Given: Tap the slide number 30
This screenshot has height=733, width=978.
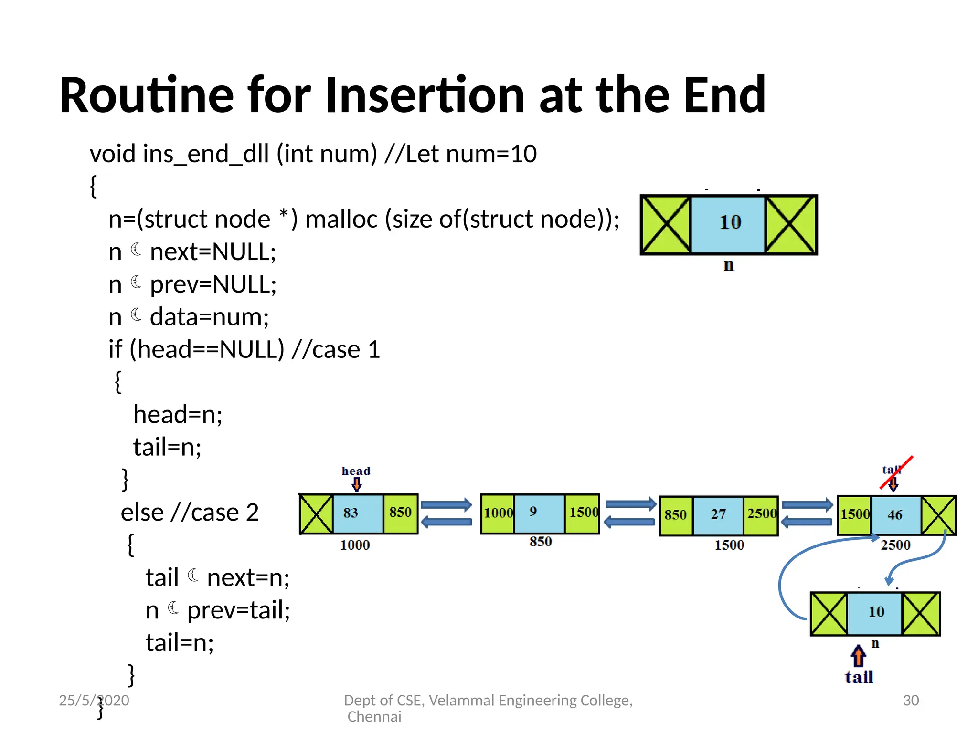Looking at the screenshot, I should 911,700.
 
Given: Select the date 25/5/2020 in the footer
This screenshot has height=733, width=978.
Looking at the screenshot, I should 94,700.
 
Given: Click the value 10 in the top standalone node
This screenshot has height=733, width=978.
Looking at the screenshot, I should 730,222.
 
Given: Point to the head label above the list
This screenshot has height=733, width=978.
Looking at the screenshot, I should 356,471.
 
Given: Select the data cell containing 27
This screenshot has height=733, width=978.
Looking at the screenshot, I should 718,514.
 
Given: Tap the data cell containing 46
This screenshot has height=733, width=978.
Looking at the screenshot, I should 895,515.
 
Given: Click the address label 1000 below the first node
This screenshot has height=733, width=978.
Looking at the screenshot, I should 355,545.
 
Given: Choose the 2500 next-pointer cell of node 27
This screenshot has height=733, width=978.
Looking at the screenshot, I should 761,514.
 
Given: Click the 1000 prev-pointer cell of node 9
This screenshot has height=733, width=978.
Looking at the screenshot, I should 498,513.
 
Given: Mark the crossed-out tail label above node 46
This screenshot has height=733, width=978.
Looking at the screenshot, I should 891,470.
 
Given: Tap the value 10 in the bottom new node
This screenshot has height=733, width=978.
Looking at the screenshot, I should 876,612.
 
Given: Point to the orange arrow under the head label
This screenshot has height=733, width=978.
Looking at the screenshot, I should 356,485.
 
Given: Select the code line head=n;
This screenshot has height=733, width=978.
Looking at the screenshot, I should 178,414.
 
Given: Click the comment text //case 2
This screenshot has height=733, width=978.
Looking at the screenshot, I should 215,513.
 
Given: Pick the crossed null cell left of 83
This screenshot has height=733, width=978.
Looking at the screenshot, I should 316,514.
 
